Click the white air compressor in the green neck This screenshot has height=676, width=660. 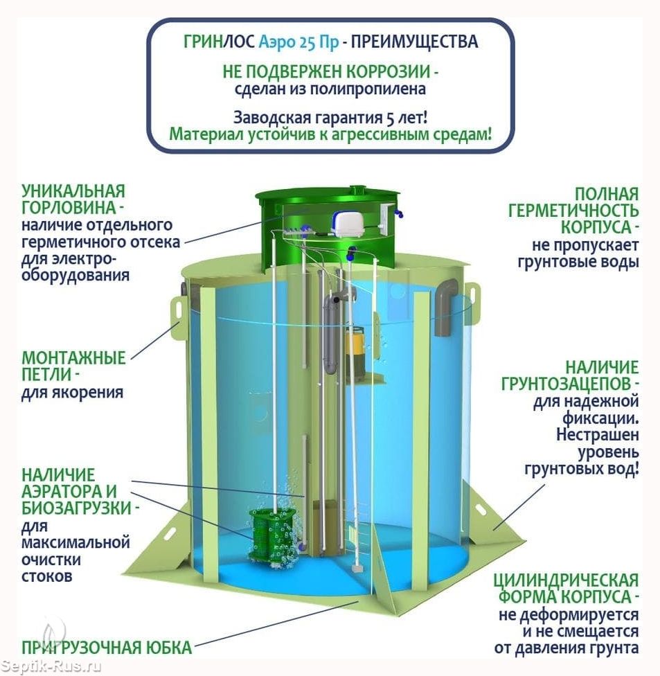click(349, 224)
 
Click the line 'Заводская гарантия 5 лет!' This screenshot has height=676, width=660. click(330, 117)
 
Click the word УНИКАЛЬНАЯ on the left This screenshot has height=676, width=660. click(73, 191)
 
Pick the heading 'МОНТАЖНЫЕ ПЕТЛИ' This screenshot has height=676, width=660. click(73, 366)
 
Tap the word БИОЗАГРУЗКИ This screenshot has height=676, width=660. click(76, 508)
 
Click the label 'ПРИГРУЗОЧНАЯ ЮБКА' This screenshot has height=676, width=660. click(107, 648)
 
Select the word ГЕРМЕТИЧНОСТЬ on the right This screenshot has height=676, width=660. click(573, 211)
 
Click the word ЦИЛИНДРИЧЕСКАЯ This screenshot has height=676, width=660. click(566, 580)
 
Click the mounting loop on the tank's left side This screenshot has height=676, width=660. click(177, 312)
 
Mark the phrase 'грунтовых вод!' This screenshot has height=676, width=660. click(582, 469)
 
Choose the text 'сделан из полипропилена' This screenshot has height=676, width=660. click(330, 89)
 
